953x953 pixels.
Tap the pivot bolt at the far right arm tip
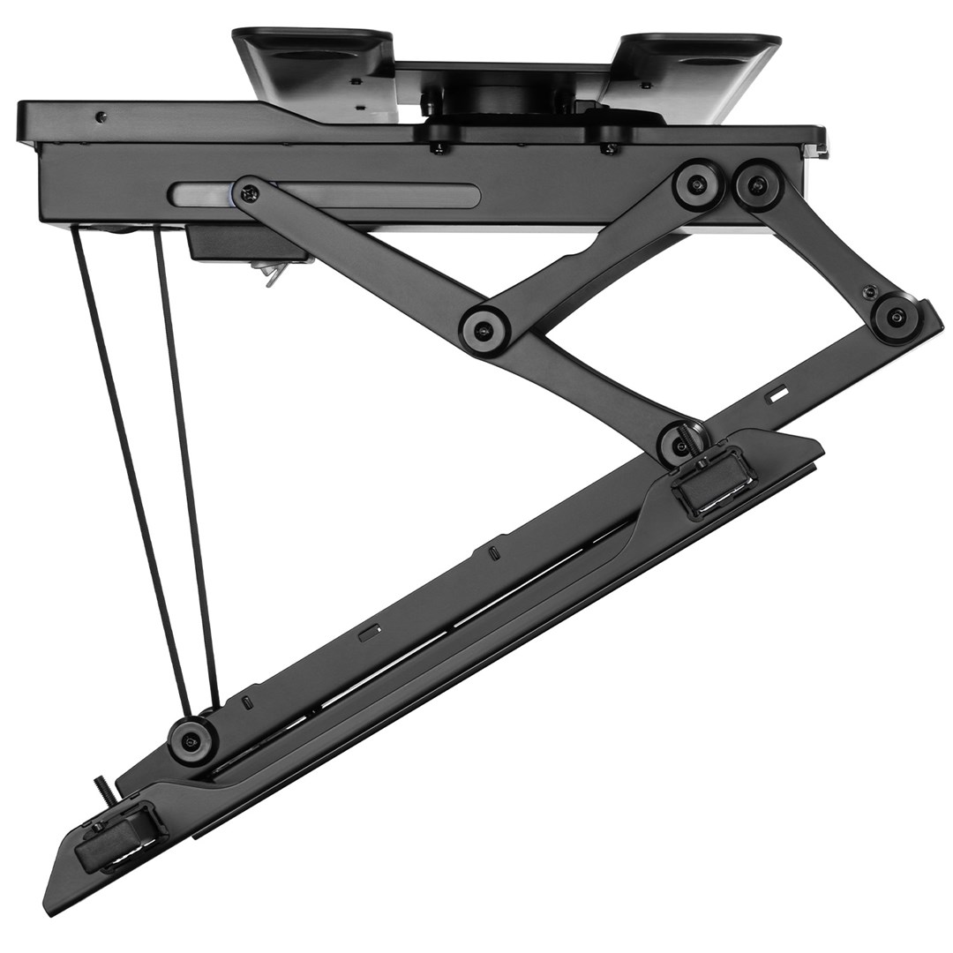pos(897,318)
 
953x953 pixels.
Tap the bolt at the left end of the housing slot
pos(248,192)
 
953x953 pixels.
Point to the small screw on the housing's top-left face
pos(101,116)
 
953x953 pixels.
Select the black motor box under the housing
pos(230,243)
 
